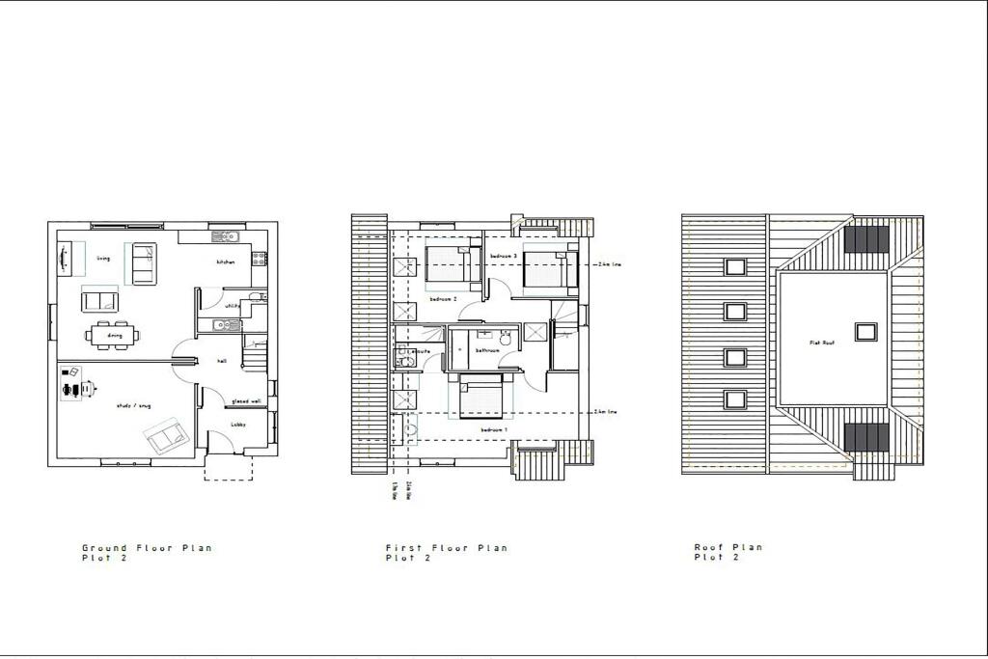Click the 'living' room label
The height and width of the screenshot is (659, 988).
[x=103, y=259]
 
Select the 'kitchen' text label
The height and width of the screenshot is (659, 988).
[x=226, y=262]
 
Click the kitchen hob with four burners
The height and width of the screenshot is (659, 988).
[x=259, y=259]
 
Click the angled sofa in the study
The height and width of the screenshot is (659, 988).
[x=168, y=437]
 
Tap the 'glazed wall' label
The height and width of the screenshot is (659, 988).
[x=246, y=401]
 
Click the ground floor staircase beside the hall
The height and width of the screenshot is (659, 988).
[x=254, y=357]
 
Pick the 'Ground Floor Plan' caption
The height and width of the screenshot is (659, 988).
[x=147, y=548]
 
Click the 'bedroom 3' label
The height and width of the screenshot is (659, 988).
[x=505, y=255]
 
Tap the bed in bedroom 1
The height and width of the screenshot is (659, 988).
[x=480, y=398]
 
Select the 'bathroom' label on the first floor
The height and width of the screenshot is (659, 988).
[x=486, y=350]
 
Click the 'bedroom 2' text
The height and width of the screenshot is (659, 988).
[x=443, y=300]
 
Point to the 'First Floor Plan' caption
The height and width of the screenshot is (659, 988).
[x=446, y=548]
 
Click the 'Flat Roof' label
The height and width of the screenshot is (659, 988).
[x=820, y=342]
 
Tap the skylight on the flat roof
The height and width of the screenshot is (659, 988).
[x=866, y=331]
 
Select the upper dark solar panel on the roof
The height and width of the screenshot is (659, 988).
[x=866, y=239]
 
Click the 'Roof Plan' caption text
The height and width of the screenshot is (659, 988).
[x=728, y=547]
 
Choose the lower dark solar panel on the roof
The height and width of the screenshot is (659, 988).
[x=866, y=437]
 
